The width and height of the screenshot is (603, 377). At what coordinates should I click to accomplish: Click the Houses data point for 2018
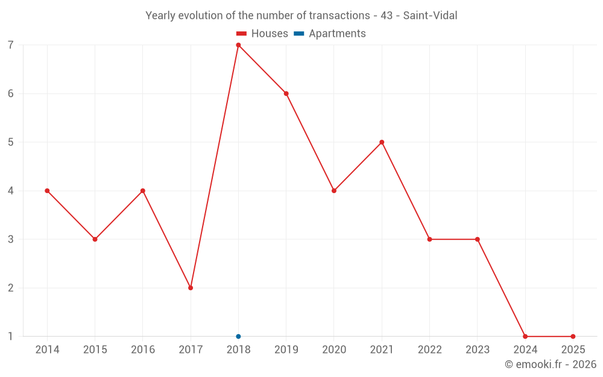(x=238, y=45)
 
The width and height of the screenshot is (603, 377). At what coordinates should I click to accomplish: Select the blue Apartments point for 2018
(x=238, y=337)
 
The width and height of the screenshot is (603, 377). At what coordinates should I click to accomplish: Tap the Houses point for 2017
(x=191, y=288)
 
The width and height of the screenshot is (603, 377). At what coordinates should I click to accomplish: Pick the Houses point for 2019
(x=286, y=93)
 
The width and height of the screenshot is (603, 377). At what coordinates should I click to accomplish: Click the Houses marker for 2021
(x=382, y=142)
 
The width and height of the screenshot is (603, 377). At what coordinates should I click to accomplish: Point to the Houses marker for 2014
(x=47, y=191)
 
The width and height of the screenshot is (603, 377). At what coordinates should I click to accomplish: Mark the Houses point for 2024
(x=525, y=337)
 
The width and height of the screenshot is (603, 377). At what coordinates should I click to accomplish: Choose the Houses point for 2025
(x=573, y=337)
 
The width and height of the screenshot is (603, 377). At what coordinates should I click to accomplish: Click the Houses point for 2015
(x=95, y=239)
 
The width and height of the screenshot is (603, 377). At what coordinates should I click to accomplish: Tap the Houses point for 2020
(x=334, y=191)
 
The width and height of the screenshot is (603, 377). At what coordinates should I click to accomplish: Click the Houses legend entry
(x=262, y=34)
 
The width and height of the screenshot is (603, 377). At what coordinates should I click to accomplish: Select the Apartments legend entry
(x=330, y=34)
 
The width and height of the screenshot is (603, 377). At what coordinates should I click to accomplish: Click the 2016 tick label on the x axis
(x=143, y=350)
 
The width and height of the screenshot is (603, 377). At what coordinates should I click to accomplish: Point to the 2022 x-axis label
(x=429, y=350)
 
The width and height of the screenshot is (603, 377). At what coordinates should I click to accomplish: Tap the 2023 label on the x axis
(x=478, y=350)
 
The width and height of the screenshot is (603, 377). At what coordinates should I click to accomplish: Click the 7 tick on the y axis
(x=11, y=45)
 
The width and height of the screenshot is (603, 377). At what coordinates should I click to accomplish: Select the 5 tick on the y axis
(x=11, y=142)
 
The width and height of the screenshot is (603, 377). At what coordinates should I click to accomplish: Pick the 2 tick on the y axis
(x=11, y=288)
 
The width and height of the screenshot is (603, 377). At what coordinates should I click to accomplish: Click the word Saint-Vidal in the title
(x=430, y=16)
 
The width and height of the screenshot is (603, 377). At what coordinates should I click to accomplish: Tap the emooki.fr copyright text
(x=551, y=364)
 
